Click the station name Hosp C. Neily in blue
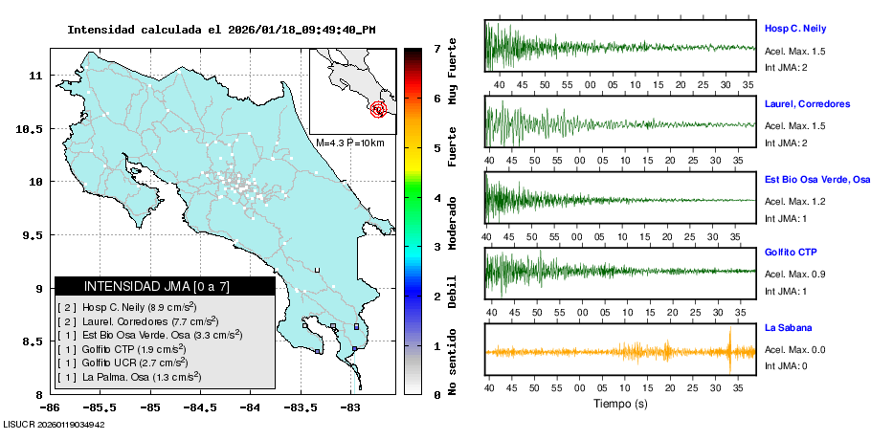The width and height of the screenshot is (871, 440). click(x=794, y=29)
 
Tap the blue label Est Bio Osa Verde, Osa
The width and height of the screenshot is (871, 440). click(x=816, y=179)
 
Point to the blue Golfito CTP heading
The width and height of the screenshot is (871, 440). click(x=790, y=253)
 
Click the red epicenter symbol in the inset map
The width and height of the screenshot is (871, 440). click(x=379, y=109)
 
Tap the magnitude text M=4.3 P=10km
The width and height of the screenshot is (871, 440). click(x=350, y=143)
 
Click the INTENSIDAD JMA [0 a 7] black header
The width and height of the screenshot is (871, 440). click(x=165, y=286)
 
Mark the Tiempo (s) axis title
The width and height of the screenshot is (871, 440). click(x=620, y=404)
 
